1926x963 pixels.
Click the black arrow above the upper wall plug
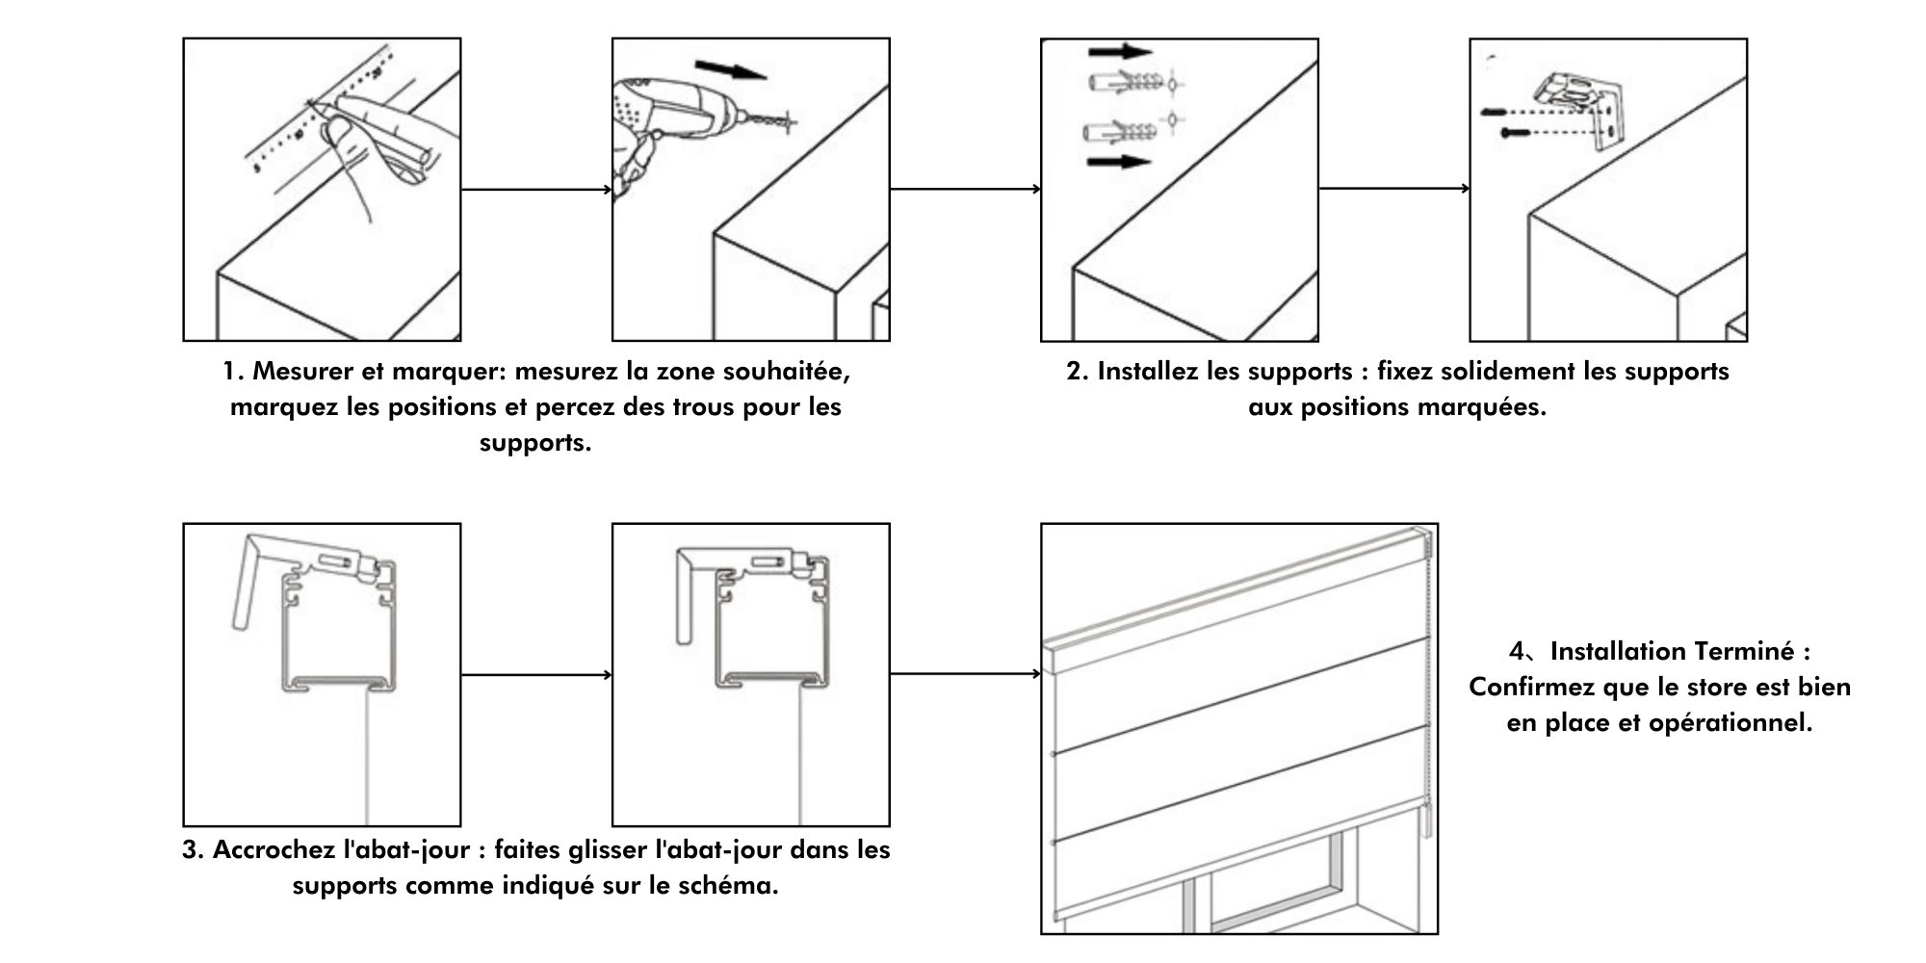click(x=1120, y=52)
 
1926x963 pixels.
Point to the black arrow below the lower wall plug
click(x=1119, y=162)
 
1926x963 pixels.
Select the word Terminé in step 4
click(x=1745, y=652)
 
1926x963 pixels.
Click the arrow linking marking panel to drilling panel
click(x=536, y=190)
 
